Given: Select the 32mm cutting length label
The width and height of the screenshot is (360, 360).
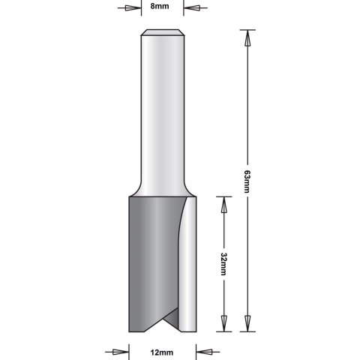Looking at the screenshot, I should click(223, 263).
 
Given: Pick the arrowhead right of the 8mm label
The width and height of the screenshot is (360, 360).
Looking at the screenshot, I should click(190, 10).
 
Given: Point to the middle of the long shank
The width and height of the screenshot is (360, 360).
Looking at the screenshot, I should click(163, 112).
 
